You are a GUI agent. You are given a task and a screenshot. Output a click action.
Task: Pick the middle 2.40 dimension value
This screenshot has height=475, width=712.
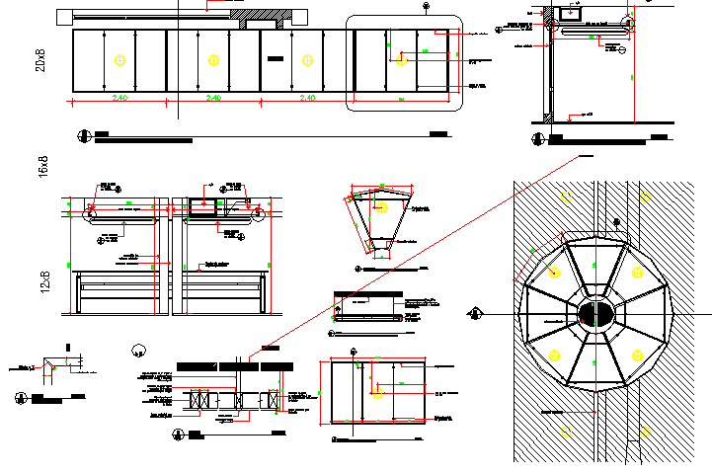click(212, 99)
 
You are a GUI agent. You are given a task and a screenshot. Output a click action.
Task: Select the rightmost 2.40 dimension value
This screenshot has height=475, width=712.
click(307, 99)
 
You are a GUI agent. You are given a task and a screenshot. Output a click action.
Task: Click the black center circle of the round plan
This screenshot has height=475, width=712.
click(595, 314)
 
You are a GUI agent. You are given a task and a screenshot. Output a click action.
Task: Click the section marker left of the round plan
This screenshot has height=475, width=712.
click(476, 314)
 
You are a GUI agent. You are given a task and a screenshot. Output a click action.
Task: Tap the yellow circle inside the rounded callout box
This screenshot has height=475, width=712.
click(401, 61)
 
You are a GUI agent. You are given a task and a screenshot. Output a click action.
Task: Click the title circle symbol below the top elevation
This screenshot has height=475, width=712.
click(82, 136)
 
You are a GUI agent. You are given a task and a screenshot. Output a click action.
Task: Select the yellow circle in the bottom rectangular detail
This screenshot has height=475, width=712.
click(377, 392)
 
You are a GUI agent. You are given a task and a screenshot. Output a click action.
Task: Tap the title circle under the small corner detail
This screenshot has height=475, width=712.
click(21, 399)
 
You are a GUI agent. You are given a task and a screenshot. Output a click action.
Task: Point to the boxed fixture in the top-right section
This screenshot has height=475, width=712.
click(570, 14)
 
